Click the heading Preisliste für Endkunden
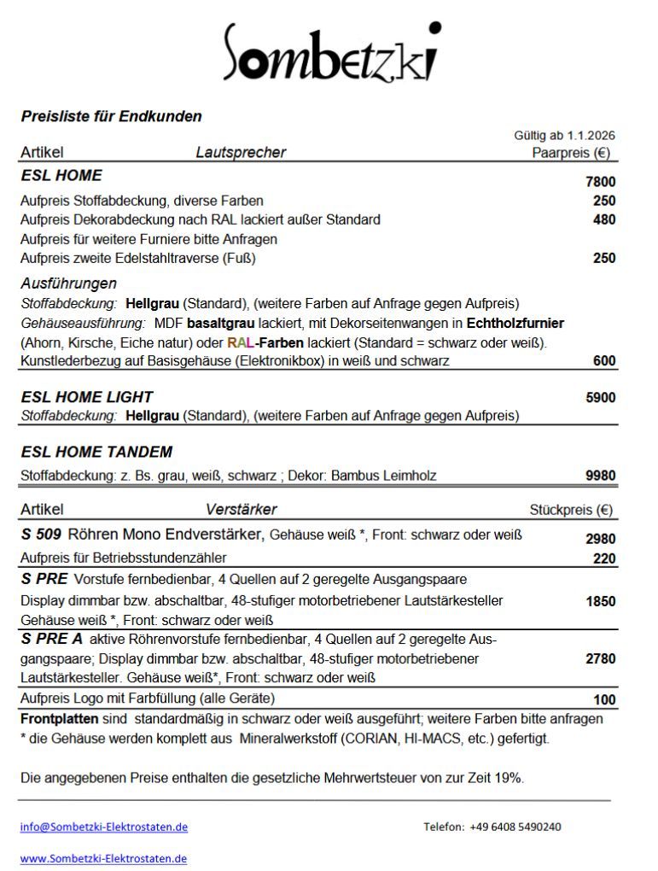pyautogui.click(x=111, y=117)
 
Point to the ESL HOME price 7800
pyautogui.click(x=600, y=182)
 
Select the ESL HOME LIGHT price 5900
pyautogui.click(x=600, y=397)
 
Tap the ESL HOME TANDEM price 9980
pyautogui.click(x=600, y=476)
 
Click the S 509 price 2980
pyautogui.click(x=600, y=539)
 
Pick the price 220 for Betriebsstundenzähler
pyautogui.click(x=604, y=559)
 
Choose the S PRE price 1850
pyautogui.click(x=600, y=601)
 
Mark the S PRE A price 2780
pyautogui.click(x=600, y=658)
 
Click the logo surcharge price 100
pyautogui.click(x=604, y=700)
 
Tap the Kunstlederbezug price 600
pyautogui.click(x=604, y=361)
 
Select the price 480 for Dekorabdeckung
pyautogui.click(x=604, y=219)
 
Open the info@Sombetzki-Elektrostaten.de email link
pyautogui.click(x=104, y=827)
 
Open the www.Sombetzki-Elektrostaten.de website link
pyautogui.click(x=103, y=858)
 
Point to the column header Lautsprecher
pyautogui.click(x=241, y=153)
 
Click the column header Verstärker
pyautogui.click(x=241, y=510)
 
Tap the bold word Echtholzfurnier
pyautogui.click(x=515, y=324)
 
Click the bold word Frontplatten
pyautogui.click(x=55, y=719)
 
